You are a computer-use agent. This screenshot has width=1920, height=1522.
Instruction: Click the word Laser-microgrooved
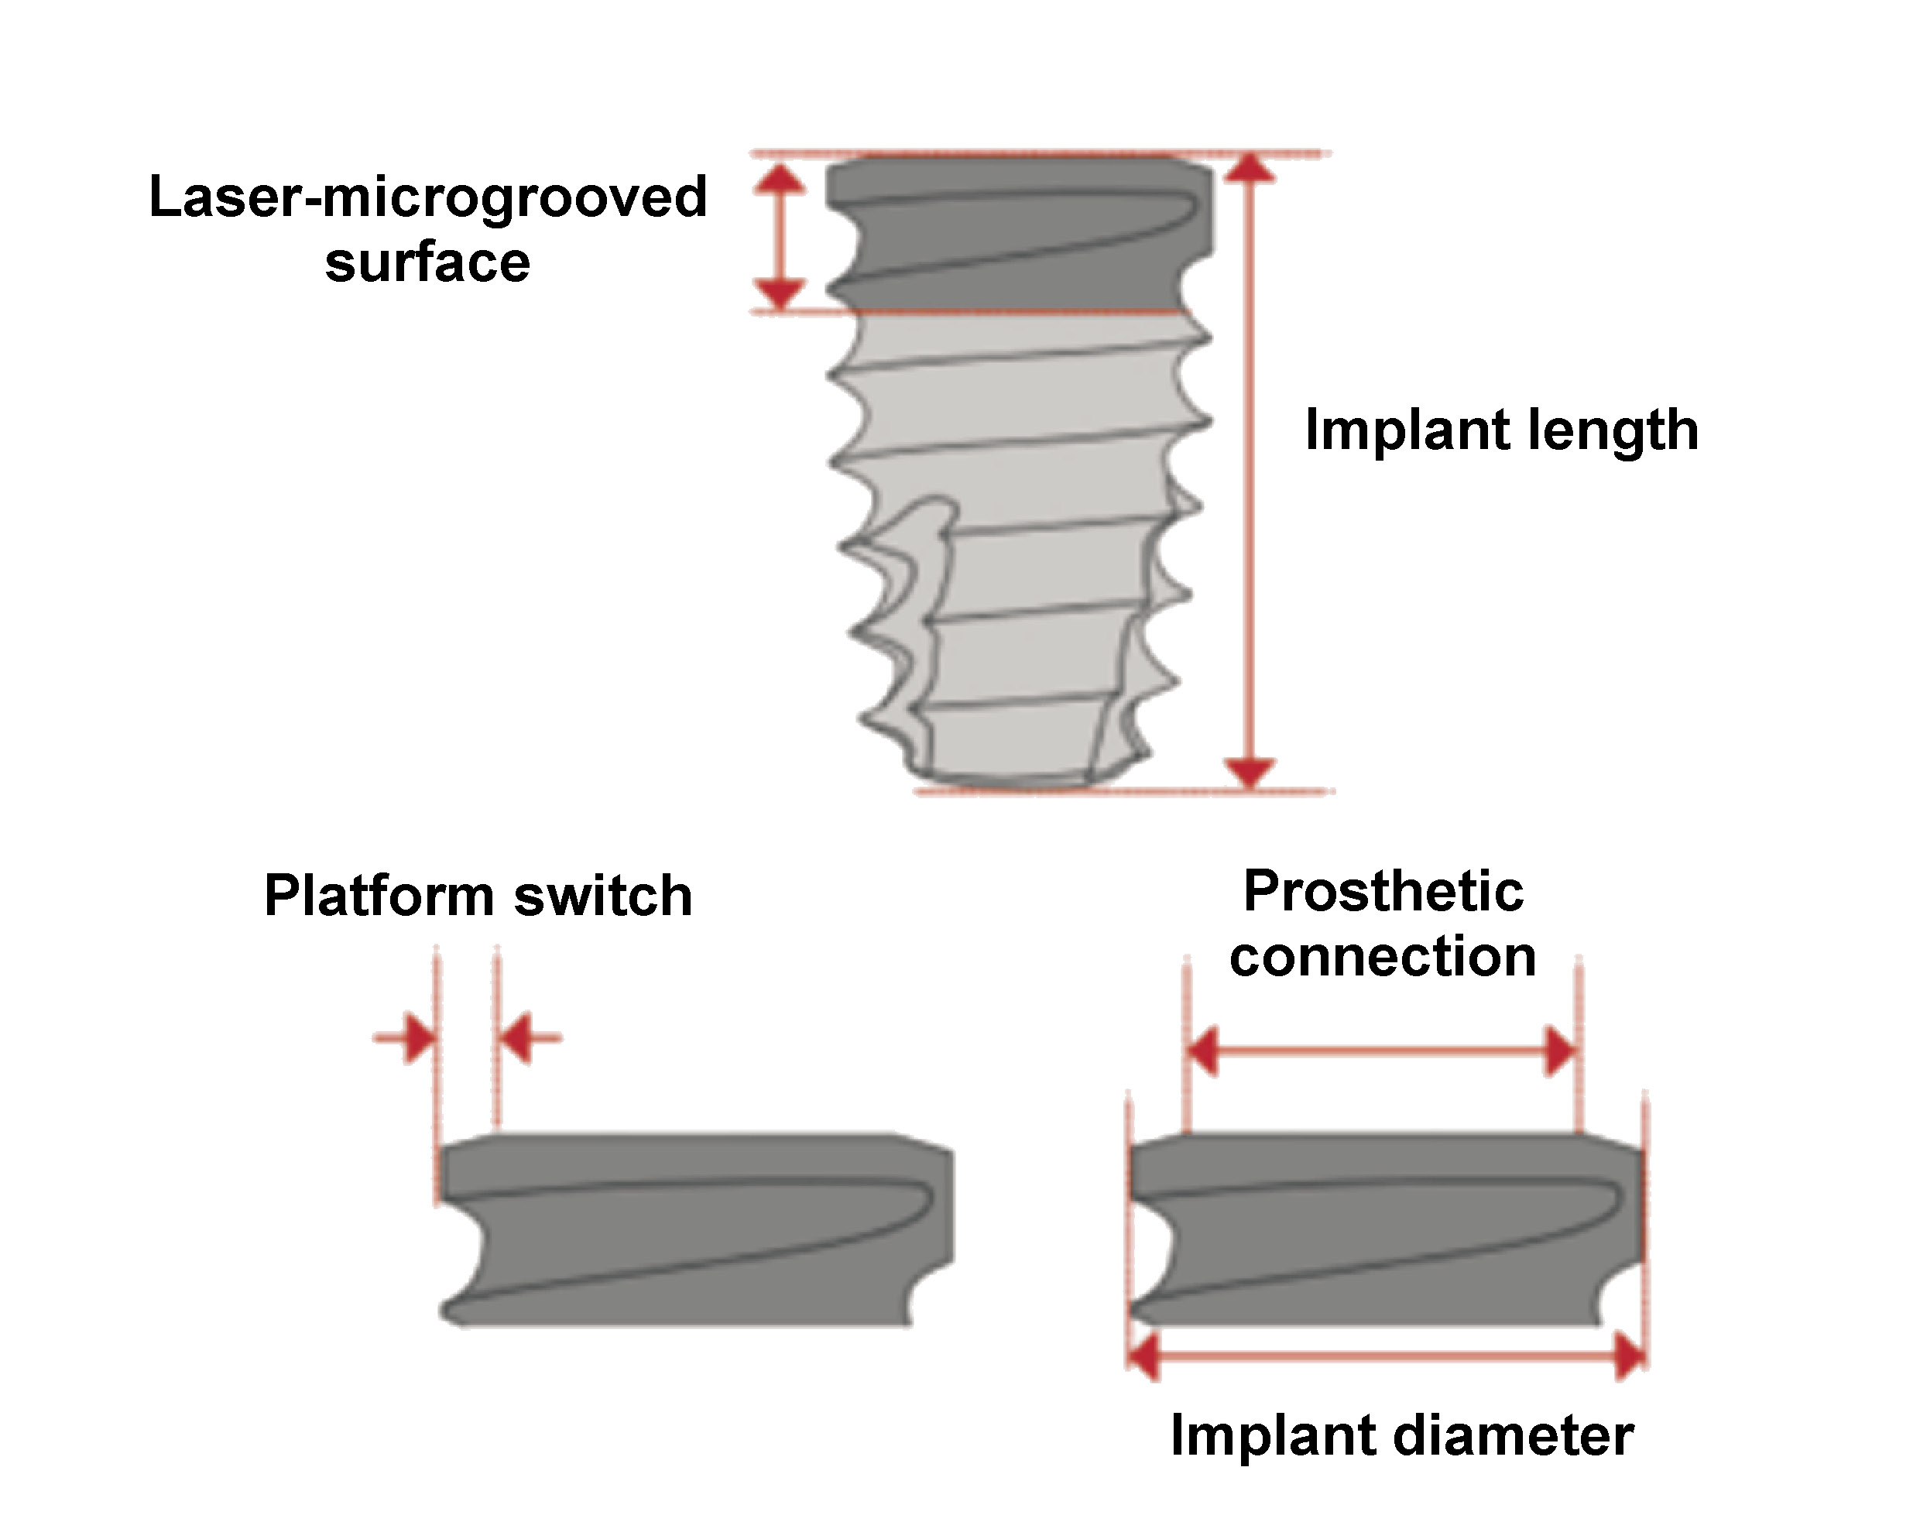[427, 197]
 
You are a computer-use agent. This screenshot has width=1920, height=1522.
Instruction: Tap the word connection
[1383, 957]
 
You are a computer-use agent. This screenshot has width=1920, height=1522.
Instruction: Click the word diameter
[1513, 1435]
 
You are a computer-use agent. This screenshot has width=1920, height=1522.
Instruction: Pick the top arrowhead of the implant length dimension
[1250, 170]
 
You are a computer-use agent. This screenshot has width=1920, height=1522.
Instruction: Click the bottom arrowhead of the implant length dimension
[1250, 771]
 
